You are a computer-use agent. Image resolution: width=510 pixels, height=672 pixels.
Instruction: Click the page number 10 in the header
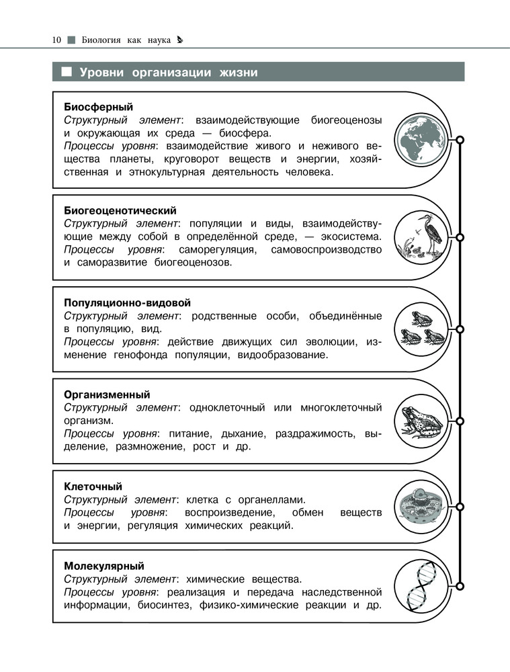click(56, 40)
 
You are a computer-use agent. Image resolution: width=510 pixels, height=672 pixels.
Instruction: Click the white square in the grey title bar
click(67, 72)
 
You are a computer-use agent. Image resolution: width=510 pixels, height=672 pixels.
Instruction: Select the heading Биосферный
click(99, 107)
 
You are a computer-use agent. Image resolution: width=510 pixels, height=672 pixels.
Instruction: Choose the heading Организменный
click(107, 394)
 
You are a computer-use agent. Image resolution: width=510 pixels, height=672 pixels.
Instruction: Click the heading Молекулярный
click(104, 566)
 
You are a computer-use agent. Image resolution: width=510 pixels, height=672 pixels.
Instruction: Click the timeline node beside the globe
click(460, 140)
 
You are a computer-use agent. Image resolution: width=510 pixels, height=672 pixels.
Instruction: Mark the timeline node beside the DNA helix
click(460, 583)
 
